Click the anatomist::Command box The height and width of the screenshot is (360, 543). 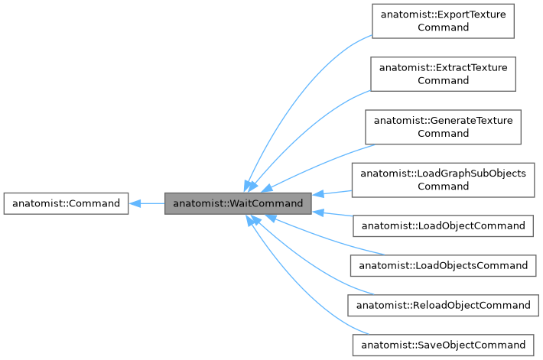pos(66,203)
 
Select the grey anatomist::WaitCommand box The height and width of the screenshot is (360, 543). pos(238,203)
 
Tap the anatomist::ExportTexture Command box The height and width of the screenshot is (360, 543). pos(443,21)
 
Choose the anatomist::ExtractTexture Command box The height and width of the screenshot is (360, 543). pos(443,73)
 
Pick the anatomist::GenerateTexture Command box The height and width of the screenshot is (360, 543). pos(443,127)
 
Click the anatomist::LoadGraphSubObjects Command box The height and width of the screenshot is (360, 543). pos(443,180)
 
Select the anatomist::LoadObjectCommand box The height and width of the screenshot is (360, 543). pos(443,225)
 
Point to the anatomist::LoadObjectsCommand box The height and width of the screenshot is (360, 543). pos(443,265)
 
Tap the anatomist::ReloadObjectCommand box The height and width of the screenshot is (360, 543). pos(443,305)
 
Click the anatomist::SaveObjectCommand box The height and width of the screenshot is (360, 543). pos(443,345)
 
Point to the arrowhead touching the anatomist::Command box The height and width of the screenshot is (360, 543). pos(134,203)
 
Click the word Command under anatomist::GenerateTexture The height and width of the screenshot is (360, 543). pos(443,133)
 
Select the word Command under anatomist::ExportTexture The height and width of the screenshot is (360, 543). pos(443,28)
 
